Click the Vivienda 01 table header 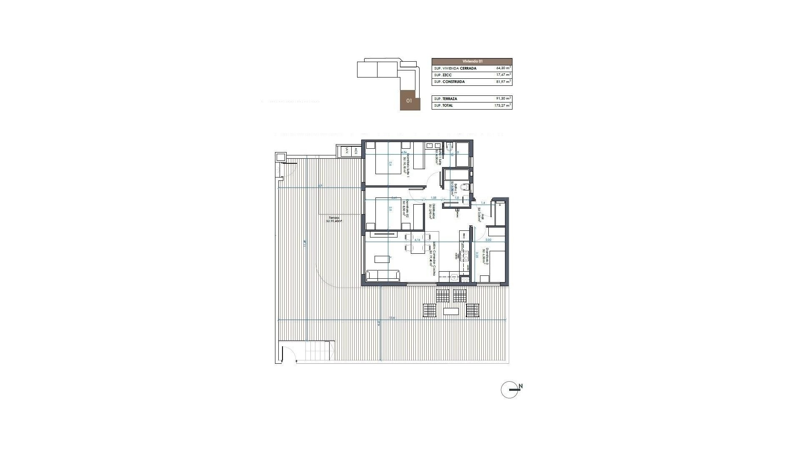(472, 61)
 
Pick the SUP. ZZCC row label (443, 75)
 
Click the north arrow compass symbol (510, 390)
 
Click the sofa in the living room (382, 275)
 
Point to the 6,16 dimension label (125, 240)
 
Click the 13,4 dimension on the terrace (392, 318)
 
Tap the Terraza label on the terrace (334, 217)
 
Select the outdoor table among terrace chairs (451, 311)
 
